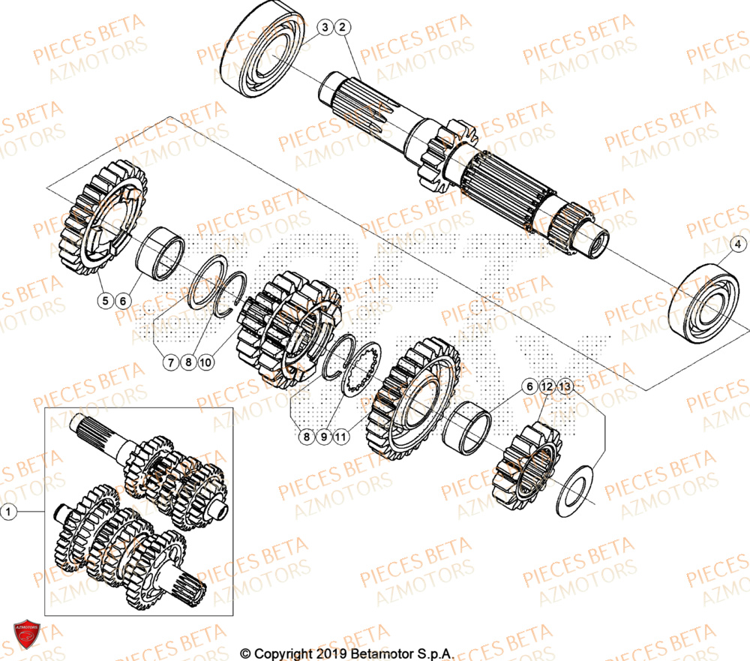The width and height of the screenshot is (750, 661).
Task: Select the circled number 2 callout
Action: coord(342,28)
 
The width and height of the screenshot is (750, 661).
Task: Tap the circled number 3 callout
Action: coord(324,28)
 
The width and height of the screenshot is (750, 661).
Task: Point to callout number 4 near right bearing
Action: coord(736,244)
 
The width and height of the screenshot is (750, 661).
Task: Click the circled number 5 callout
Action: coord(106,300)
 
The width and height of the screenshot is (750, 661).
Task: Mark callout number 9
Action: coord(325,435)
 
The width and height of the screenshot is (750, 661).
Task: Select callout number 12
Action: coord(547,386)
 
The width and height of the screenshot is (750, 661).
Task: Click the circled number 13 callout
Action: coord(565,386)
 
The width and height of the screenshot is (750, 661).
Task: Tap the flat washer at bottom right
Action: coord(574,491)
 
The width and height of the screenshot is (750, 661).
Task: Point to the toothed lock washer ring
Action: coord(362,368)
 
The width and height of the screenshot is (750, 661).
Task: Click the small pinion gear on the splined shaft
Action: coord(448,146)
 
